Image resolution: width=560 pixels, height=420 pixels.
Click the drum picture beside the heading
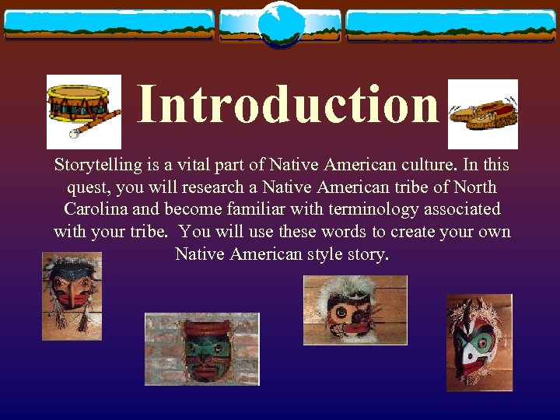click(x=83, y=111)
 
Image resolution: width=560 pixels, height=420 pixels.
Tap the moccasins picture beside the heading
click(x=483, y=114)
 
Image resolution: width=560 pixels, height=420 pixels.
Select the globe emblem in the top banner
click(x=280, y=23)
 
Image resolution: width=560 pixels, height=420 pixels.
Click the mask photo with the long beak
click(x=72, y=296)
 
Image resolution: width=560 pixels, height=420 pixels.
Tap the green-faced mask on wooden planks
click(x=201, y=348)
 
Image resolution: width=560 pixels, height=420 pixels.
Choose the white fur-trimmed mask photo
click(x=355, y=310)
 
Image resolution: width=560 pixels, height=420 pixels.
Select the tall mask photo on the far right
click(x=479, y=342)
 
